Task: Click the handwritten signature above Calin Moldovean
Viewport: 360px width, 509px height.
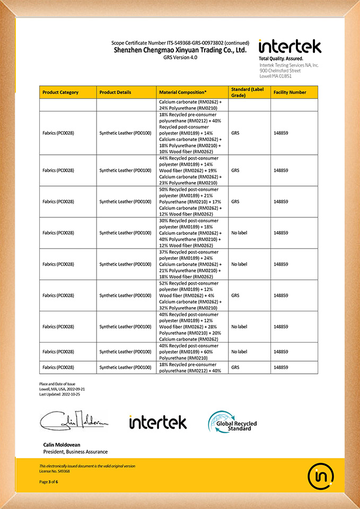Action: pos(74,421)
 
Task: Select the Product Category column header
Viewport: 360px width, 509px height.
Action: pos(60,92)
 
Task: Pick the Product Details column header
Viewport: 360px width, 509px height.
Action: pos(115,92)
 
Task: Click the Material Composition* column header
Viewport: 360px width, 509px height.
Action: pos(183,92)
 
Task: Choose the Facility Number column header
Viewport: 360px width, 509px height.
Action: pos(289,92)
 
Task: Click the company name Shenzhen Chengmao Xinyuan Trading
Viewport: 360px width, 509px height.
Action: pos(180,50)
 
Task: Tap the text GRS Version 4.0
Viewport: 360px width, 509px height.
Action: pos(180,57)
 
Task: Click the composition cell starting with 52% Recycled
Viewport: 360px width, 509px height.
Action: pos(191,295)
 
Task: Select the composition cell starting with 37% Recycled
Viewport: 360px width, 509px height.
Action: pos(191,264)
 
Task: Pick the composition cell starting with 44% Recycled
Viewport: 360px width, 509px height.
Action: pos(191,170)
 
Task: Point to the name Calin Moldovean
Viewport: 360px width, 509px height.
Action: pos(62,444)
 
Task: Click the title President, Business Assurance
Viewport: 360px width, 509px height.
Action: pos(75,452)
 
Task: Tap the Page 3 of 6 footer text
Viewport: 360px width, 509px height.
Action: pos(49,481)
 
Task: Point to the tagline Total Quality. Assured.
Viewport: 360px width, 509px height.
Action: pos(281,58)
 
